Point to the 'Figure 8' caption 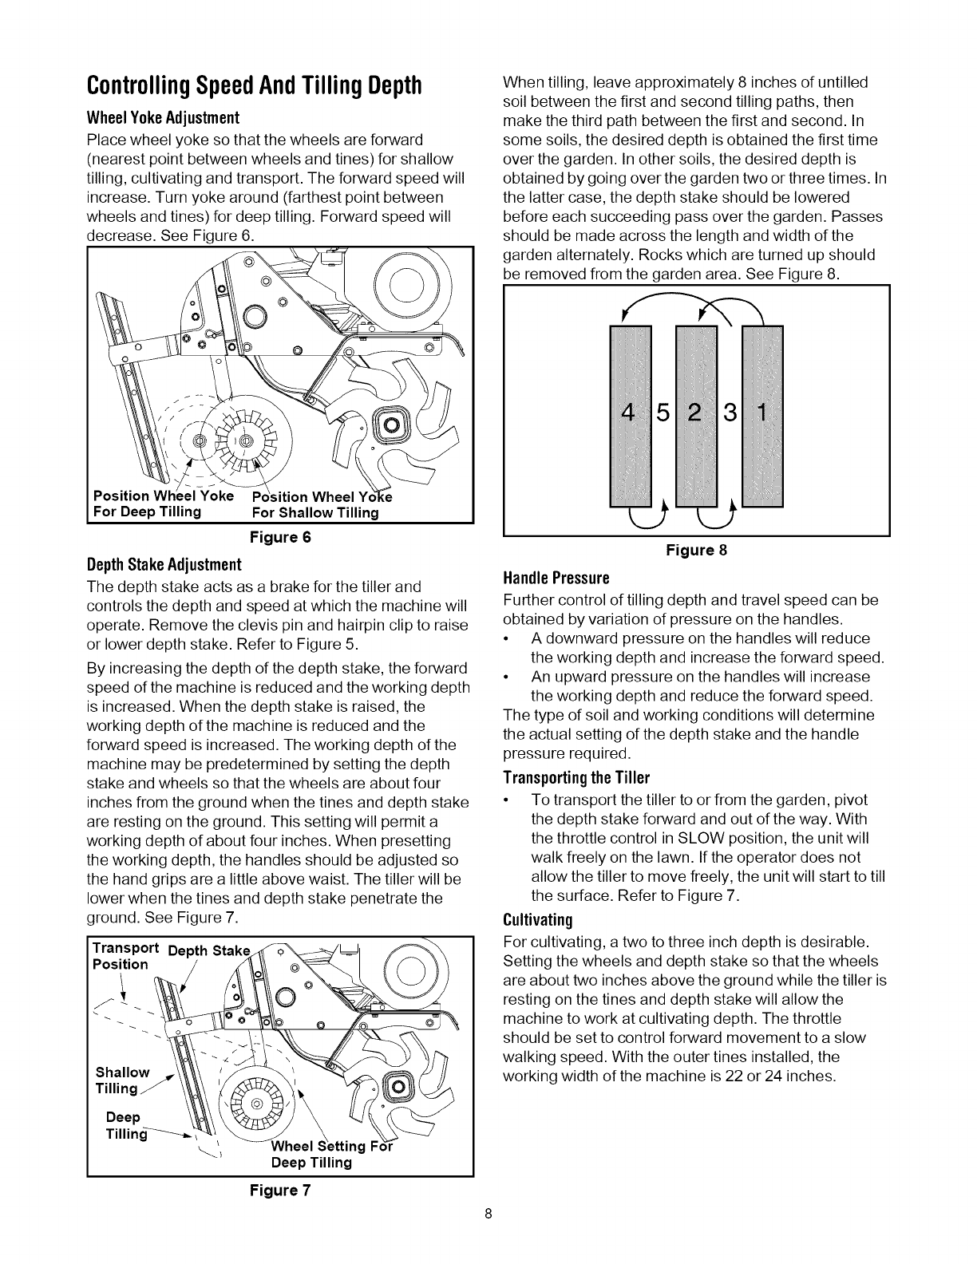[x=697, y=550]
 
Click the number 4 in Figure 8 [x=630, y=414]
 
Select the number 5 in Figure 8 [x=663, y=414]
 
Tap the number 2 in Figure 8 [x=696, y=414]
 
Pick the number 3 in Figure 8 [x=730, y=414]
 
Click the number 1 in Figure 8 [x=762, y=414]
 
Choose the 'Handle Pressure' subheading [x=556, y=577]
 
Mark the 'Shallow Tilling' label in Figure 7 [x=122, y=1080]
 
